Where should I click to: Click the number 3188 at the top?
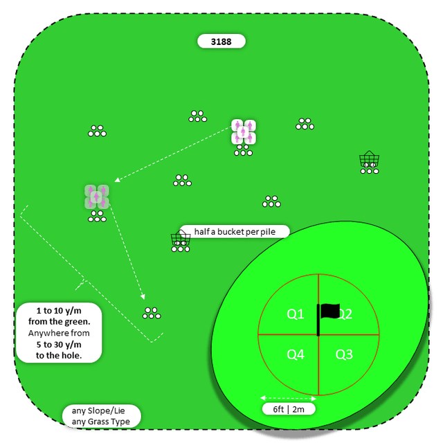[221, 42]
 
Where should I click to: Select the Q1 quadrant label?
[296, 314]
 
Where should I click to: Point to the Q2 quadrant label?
[344, 314]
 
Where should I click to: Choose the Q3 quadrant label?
[344, 354]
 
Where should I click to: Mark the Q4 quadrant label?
[296, 354]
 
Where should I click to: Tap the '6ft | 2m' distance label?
[288, 409]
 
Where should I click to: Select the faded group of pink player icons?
[97, 197]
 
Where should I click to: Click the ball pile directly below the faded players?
[97, 218]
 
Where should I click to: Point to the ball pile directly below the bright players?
[243, 152]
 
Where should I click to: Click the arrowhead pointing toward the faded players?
[117, 181]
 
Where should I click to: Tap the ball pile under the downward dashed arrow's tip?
[152, 314]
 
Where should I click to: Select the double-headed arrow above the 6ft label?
[288, 398]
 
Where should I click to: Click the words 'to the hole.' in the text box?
[59, 355]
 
